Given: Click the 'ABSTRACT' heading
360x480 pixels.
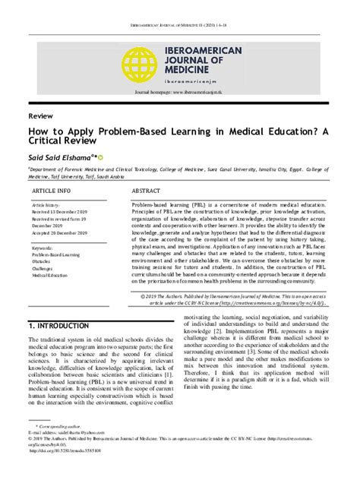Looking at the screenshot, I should [146, 191].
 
